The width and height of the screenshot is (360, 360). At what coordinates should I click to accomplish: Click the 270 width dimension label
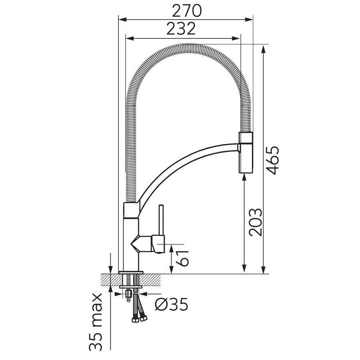[x=186, y=11]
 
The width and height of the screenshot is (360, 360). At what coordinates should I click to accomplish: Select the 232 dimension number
[x=181, y=28]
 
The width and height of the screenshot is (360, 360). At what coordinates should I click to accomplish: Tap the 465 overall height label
[x=272, y=160]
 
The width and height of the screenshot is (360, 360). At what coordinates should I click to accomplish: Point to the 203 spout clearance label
[x=256, y=222]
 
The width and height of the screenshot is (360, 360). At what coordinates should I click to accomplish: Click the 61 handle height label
[x=182, y=258]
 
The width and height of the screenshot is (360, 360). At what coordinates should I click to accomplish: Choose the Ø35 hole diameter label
[x=171, y=304]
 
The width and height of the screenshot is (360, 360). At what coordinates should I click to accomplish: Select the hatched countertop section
[x=130, y=280]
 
